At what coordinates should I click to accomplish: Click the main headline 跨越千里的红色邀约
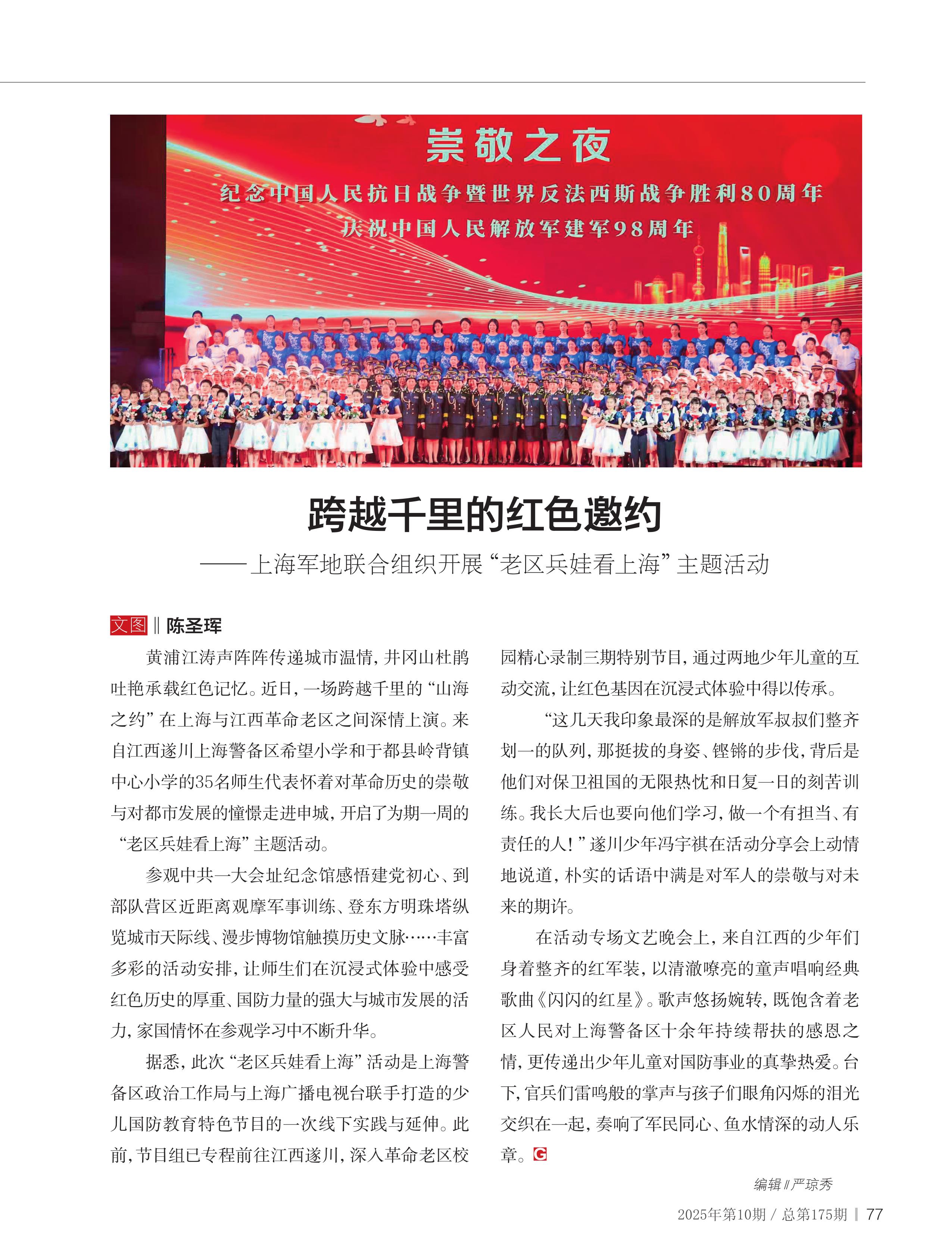(484, 515)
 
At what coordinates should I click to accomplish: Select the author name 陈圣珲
(194, 626)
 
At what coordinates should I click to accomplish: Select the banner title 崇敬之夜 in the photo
(518, 146)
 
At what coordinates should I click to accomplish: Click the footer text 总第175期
(814, 1214)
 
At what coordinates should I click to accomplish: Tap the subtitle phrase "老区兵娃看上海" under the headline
(579, 564)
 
